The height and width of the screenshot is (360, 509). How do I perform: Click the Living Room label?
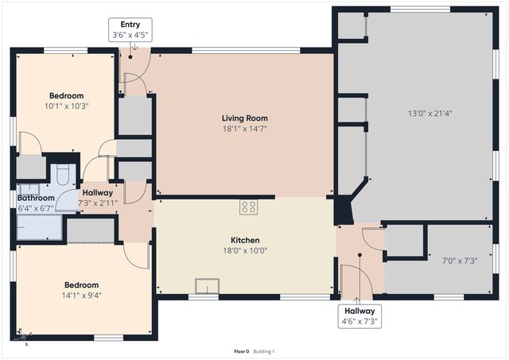tap(244, 118)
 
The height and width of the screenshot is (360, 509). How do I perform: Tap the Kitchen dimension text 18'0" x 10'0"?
tap(245, 250)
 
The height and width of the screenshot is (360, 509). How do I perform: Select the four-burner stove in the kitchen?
tap(249, 207)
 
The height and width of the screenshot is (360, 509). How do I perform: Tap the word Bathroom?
tap(36, 198)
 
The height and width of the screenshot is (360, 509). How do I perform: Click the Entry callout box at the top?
tap(129, 30)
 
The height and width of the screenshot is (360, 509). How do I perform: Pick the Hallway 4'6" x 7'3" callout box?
tap(360, 315)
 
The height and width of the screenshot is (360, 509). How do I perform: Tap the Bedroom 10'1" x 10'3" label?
tap(66, 101)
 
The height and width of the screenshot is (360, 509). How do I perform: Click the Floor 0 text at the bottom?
tap(241, 351)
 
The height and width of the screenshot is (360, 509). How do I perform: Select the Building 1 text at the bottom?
tap(264, 351)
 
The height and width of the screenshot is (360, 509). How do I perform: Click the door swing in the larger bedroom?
tap(137, 254)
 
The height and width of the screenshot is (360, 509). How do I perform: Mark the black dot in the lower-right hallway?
tap(359, 255)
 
